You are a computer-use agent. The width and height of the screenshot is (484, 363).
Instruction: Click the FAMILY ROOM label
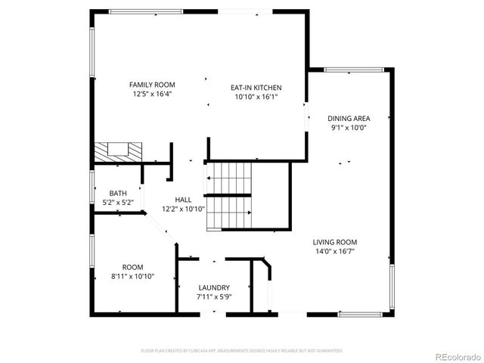(152, 84)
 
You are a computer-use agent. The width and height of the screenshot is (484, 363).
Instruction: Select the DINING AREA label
(348, 118)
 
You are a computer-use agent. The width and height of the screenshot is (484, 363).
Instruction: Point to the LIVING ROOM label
(335, 242)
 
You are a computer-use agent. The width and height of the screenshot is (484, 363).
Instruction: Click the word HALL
(183, 200)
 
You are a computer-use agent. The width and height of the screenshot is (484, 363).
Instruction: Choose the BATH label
(118, 193)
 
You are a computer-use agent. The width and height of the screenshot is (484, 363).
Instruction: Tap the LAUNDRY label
(213, 287)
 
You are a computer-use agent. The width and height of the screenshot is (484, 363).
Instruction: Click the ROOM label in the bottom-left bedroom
(132, 266)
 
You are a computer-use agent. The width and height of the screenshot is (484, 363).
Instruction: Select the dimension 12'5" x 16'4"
(152, 95)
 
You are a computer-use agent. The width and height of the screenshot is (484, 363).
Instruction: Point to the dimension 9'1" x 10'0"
(348, 128)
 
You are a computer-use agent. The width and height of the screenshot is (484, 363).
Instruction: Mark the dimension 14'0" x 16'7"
(335, 252)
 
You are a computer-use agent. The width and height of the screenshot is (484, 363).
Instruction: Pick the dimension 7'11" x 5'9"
(213, 297)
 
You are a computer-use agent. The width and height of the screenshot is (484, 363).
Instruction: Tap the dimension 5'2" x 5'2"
(118, 202)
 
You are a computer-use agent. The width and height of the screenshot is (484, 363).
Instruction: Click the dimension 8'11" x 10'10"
(132, 276)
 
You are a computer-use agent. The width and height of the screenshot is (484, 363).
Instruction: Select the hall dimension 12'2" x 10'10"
(183, 209)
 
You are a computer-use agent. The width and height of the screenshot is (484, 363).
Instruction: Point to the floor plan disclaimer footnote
(242, 351)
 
